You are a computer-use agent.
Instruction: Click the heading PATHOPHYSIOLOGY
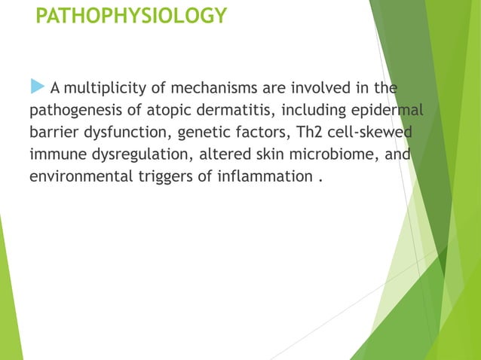131,16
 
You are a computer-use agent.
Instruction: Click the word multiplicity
104,90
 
